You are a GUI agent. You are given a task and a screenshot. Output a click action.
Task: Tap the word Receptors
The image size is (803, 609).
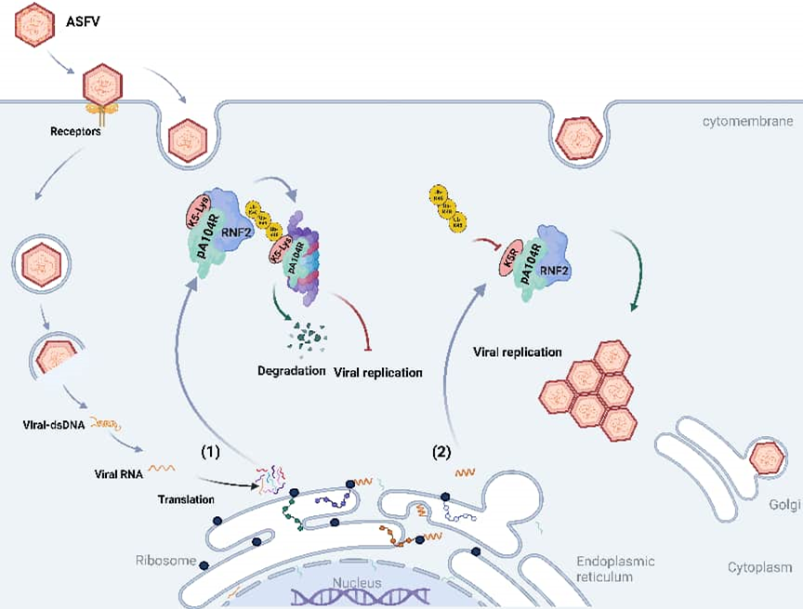(75, 131)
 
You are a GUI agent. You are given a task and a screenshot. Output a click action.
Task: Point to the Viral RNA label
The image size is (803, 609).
(117, 473)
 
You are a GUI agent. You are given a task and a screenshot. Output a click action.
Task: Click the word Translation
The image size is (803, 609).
(184, 499)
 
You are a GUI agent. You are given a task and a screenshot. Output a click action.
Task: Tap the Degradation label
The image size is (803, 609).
(291, 372)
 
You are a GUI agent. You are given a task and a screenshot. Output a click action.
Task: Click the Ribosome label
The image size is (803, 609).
(165, 561)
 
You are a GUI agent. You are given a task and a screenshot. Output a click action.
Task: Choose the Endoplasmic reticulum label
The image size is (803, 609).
(615, 568)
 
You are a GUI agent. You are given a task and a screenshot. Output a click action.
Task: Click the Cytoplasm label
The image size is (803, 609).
(759, 566)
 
